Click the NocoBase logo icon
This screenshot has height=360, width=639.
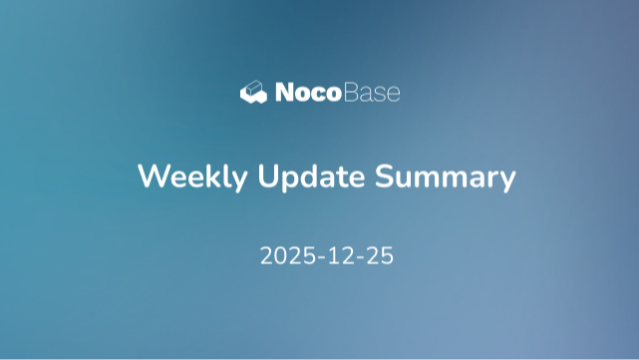click(x=254, y=93)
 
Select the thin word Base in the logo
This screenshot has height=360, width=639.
click(x=372, y=93)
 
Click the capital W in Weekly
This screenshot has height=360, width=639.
click(x=151, y=177)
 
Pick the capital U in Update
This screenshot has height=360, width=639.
click(x=267, y=177)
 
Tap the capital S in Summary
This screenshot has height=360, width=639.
click(x=385, y=177)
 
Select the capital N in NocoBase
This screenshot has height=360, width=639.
click(x=283, y=93)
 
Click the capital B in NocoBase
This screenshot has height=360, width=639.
click(x=353, y=93)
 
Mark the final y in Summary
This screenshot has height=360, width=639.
click(x=506, y=181)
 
